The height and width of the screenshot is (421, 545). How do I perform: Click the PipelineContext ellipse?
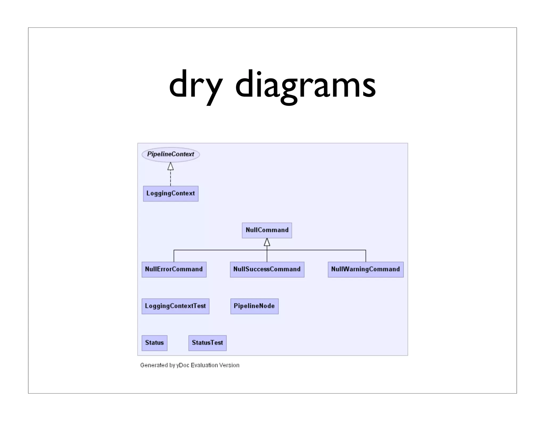171,154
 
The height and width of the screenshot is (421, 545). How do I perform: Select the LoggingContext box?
171,193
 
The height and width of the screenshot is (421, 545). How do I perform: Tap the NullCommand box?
267,230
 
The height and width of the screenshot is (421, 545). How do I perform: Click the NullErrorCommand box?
174,269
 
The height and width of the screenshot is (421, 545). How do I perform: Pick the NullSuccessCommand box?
267,269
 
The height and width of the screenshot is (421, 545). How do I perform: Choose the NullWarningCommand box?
366,269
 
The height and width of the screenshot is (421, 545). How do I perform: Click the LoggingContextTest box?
175,306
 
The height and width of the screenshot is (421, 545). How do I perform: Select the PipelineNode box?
254,306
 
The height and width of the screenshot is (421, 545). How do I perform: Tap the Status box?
154,343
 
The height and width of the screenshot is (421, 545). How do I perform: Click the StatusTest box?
207,343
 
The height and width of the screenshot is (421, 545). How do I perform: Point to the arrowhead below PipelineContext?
171,167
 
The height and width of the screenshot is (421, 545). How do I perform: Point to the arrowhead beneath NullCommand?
267,242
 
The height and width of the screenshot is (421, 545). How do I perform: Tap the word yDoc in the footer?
183,365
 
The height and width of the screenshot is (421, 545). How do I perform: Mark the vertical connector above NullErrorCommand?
174,256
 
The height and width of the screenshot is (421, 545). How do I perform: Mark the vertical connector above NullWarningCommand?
366,256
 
